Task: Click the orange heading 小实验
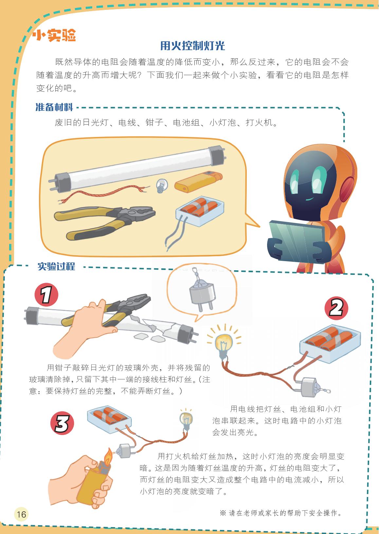[55, 35]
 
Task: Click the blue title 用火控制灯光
[192, 46]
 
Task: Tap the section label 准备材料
[54, 107]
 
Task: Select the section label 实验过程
[56, 266]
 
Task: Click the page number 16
[21, 514]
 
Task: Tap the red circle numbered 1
[46, 295]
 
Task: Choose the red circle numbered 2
[336, 308]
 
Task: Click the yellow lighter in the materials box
[198, 181]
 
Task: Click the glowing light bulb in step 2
[224, 344]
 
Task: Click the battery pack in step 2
[330, 344]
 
